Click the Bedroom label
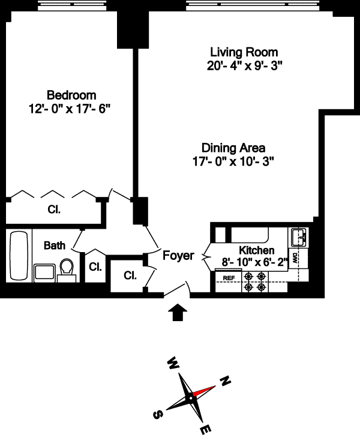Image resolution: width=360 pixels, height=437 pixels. click(71, 95)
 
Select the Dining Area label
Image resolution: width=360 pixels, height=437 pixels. click(233, 148)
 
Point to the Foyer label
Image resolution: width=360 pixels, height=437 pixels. click(179, 256)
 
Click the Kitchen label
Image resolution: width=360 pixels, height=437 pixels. click(257, 250)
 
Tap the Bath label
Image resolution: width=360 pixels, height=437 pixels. click(55, 246)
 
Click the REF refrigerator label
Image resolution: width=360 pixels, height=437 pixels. click(229, 278)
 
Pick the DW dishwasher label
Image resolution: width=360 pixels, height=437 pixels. click(296, 259)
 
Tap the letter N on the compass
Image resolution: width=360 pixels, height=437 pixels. click(226, 380)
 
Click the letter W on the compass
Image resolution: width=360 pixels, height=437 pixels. click(173, 363)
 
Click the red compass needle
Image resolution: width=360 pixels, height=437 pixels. click(205, 391)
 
